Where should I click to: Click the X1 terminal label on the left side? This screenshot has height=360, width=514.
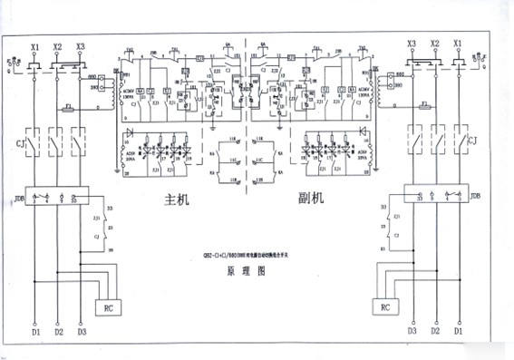coord(35,44)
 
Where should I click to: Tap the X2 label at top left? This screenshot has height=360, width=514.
coord(58,44)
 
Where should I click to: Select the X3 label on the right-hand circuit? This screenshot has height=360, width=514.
coord(412,44)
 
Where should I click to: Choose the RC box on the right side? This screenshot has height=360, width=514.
coord(385,307)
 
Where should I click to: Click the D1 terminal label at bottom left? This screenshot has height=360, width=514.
coord(35,332)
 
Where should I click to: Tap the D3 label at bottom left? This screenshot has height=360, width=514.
coord(82,332)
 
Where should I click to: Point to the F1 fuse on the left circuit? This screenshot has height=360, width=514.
coord(69,105)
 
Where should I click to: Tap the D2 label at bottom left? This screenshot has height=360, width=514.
coord(58,332)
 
